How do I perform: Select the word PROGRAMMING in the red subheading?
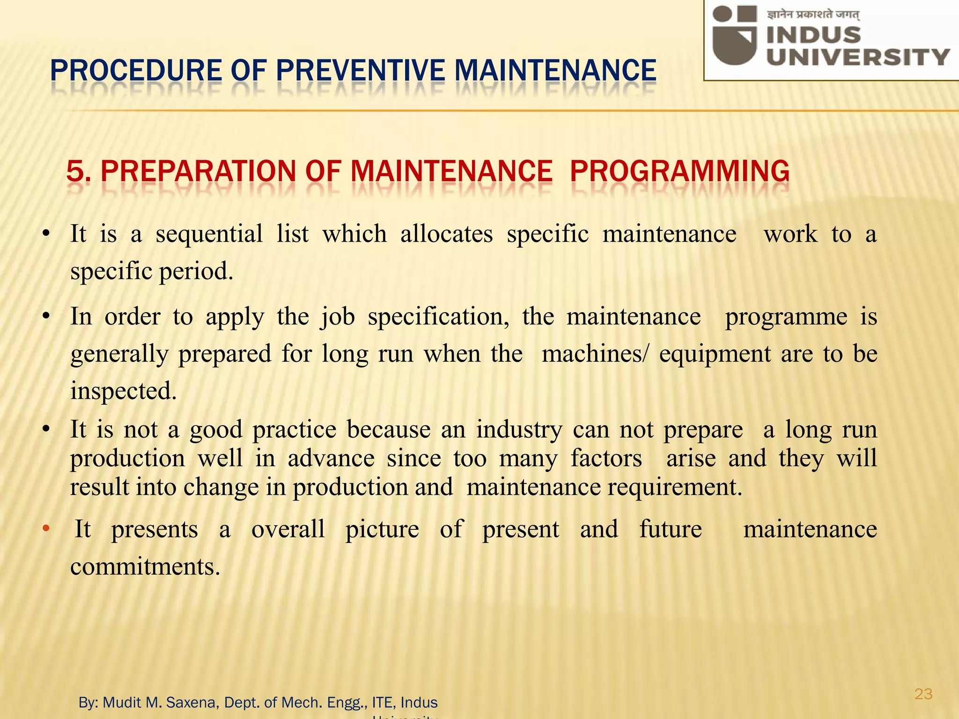(x=679, y=171)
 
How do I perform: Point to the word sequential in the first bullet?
(x=209, y=234)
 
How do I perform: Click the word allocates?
(x=446, y=234)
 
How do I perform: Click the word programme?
(x=786, y=317)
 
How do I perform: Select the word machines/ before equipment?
(x=595, y=354)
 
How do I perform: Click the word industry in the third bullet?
(x=519, y=429)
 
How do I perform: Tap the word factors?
(x=606, y=458)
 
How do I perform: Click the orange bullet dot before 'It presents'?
(x=45, y=529)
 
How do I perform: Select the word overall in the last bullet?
(x=288, y=529)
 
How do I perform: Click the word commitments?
(x=145, y=567)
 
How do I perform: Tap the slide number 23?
(x=923, y=694)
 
